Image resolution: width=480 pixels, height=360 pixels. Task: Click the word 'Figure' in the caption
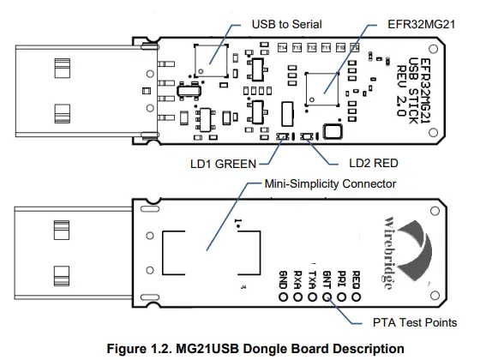click(x=126, y=348)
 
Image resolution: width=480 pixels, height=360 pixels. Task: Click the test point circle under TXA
click(x=312, y=297)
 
